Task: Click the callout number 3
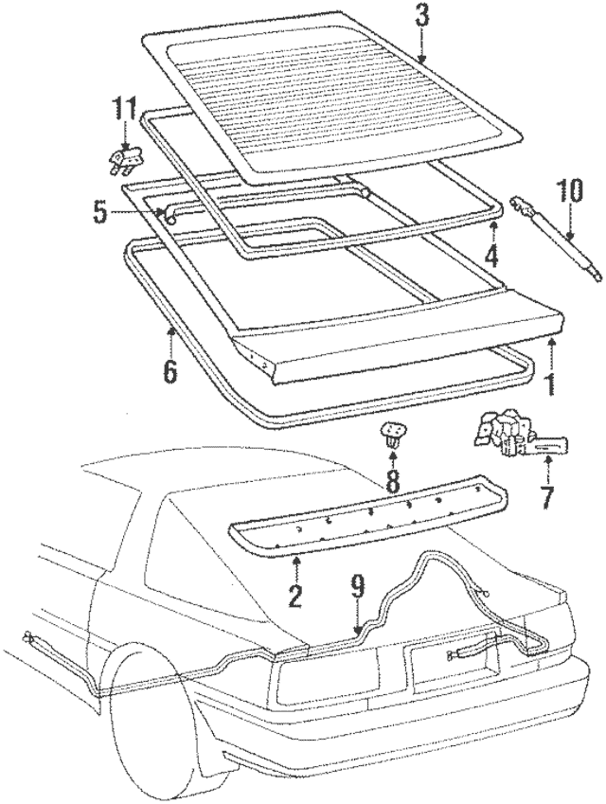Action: [x=421, y=16]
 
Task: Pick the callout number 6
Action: [x=169, y=370]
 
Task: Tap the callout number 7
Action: [x=546, y=493]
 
